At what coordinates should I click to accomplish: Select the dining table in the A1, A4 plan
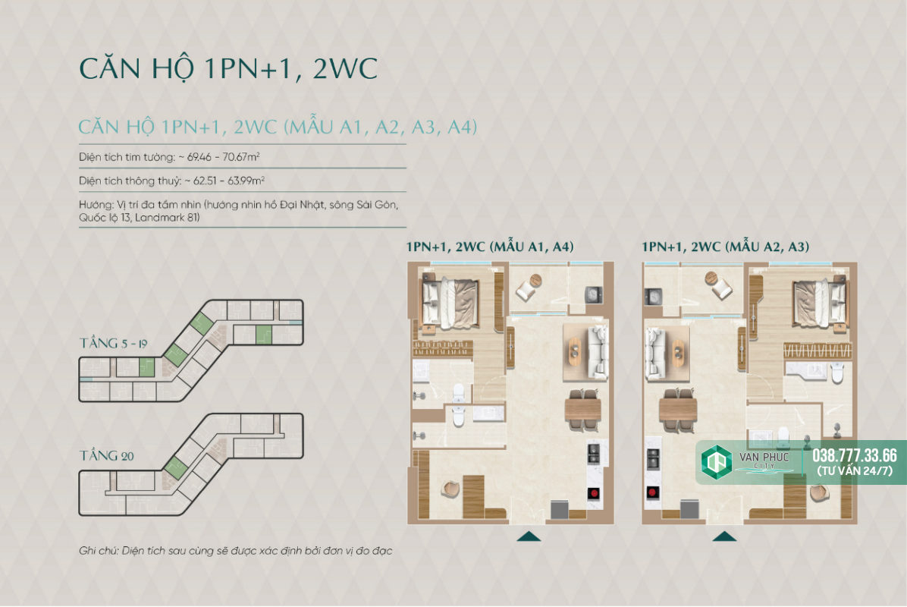(x=582, y=410)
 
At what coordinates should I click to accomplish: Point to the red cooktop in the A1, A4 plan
(x=594, y=493)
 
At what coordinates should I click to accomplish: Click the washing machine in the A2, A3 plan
(x=653, y=297)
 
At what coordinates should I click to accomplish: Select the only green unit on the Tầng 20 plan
(x=175, y=467)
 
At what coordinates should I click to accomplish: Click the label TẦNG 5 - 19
(x=114, y=343)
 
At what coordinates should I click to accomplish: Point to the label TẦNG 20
(x=106, y=455)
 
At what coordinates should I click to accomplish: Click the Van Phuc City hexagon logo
(x=716, y=462)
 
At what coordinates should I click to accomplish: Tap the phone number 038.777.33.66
(x=855, y=455)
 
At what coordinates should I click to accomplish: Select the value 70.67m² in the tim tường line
(x=240, y=157)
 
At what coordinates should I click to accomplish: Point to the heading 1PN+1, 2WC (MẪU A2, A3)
(x=725, y=247)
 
